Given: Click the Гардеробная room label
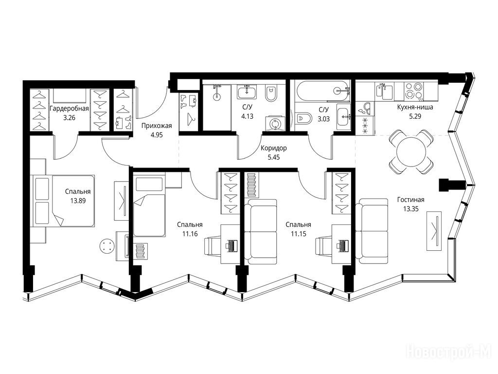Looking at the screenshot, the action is point(69,109).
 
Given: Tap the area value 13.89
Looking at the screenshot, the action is point(78,201).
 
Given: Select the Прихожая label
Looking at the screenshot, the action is point(157,126).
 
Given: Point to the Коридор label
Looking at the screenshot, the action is point(273,148).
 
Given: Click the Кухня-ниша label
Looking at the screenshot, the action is point(415,108).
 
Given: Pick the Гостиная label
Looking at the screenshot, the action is point(410,200).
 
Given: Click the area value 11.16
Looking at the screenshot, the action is point(190,234).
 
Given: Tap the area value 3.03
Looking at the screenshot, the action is point(324,119).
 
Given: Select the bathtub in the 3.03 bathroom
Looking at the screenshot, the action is point(322,91).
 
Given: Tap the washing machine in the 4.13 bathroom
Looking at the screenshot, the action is point(273,123).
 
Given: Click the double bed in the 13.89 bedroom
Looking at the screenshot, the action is point(63,201).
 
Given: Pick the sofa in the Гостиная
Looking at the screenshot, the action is point(372,231).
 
